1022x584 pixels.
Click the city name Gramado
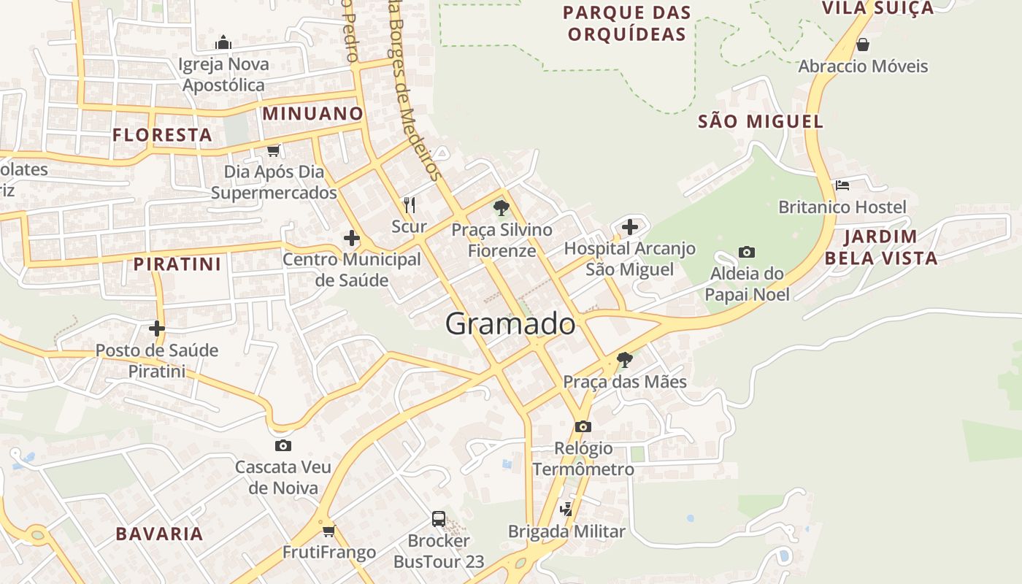point(510,323)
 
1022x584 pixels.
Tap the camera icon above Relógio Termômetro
point(583,426)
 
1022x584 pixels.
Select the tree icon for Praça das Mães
point(624,359)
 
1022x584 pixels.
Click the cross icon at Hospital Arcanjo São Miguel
point(630,227)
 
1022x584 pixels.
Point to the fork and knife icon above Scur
point(410,205)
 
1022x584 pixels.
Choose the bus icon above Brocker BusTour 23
point(438,519)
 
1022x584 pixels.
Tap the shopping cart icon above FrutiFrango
point(328,531)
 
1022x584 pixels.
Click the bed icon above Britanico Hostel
point(842,185)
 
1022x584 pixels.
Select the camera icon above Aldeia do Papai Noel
point(746,252)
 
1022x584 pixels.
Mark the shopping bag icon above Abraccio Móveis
point(862,45)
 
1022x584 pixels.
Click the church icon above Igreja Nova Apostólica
point(224,42)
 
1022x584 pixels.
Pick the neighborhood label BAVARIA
point(159,534)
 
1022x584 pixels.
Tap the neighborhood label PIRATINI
point(177,264)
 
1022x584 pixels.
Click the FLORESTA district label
point(162,135)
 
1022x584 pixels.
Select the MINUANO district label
point(312,113)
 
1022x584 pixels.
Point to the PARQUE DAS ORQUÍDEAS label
point(627,23)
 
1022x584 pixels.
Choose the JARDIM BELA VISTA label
point(880,247)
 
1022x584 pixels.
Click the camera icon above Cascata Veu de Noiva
point(283,445)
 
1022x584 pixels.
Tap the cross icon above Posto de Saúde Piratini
point(156,328)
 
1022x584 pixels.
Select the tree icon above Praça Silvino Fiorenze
point(501,208)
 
